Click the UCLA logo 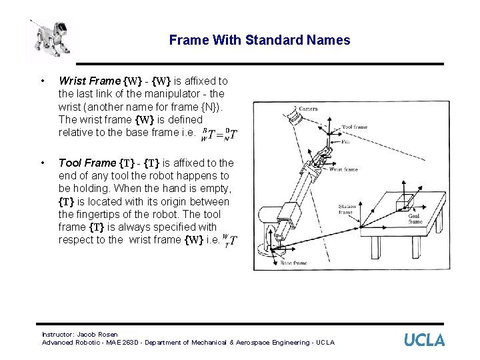click(424, 340)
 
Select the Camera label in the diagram click(308, 109)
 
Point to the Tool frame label click(354, 127)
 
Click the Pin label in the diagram click(345, 141)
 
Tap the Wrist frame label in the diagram click(343, 169)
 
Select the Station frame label click(347, 209)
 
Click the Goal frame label click(415, 219)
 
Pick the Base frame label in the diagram click(293, 263)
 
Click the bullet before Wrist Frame click(43, 81)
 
